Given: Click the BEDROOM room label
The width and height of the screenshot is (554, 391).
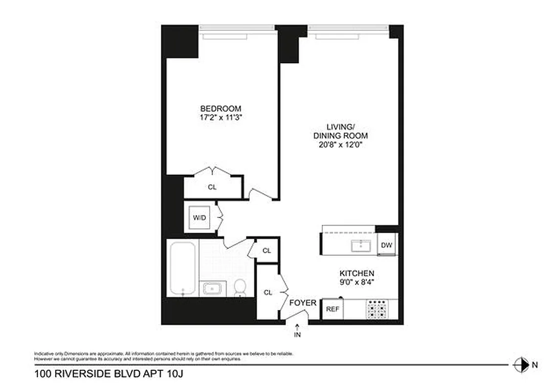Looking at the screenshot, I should [221, 109].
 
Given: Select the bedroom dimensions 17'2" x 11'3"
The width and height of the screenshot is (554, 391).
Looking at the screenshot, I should [221, 117].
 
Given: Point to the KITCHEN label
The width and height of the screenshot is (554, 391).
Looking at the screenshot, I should [357, 273].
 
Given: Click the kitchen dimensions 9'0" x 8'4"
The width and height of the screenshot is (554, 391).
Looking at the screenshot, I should [357, 282].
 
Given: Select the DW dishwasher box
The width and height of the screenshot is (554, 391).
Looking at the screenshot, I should [386, 245].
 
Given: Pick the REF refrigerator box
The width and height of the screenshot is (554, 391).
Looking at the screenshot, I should [332, 309].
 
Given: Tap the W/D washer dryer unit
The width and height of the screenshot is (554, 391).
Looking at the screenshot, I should [199, 218].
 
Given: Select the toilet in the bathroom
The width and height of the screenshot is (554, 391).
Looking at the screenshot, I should [240, 288].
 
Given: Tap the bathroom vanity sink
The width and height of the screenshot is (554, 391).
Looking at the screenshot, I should [213, 288].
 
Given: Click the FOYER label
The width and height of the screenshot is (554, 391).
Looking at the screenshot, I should [303, 303].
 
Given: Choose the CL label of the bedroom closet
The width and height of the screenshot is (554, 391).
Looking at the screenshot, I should [212, 187].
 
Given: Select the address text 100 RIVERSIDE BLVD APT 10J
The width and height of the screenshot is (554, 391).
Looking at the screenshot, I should [109, 375].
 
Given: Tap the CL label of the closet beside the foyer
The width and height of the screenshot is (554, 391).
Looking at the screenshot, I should [268, 292].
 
